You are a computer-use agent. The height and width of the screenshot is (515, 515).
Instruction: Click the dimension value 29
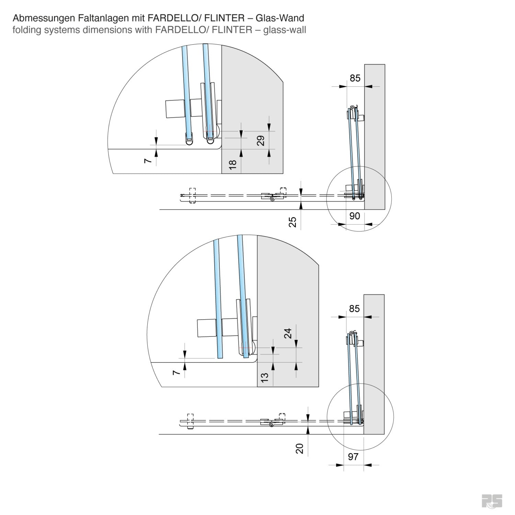[261, 140]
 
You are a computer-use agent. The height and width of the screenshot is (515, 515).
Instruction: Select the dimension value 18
[233, 164]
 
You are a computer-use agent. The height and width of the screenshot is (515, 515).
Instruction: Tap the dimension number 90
[354, 216]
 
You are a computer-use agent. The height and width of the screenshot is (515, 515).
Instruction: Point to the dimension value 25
[292, 222]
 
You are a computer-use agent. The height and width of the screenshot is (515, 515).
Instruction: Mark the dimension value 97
[353, 457]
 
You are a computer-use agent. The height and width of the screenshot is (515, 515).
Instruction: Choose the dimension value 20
[300, 448]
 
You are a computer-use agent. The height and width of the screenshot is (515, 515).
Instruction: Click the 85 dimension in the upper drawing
[355, 78]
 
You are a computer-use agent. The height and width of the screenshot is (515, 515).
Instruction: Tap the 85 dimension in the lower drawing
[354, 309]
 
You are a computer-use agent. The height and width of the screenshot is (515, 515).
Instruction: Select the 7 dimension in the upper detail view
[148, 161]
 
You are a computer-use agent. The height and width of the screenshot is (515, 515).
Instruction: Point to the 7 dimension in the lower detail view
[176, 373]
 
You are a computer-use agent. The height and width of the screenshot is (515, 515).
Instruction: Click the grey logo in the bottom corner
[492, 501]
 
